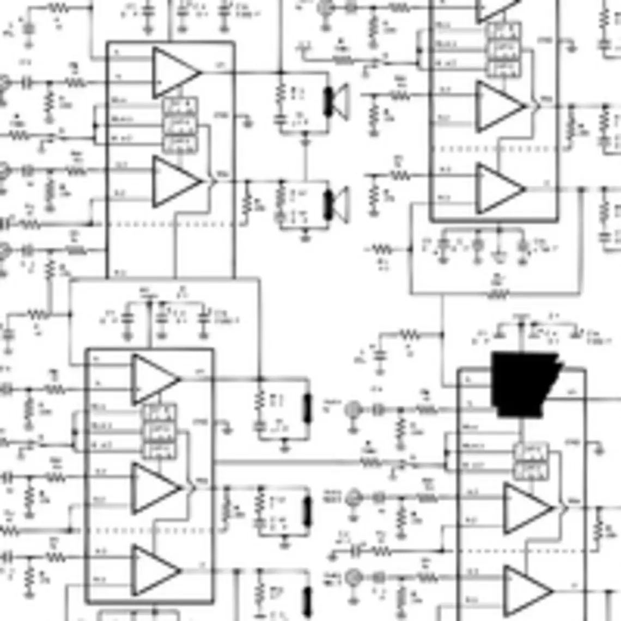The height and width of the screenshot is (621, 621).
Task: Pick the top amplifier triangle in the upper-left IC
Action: pos(173,73)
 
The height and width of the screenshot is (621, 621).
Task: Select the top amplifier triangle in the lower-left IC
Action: pos(153,379)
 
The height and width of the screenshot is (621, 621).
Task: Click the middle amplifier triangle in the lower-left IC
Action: pos(154,488)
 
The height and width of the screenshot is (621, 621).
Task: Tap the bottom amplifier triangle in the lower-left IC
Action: pos(154,570)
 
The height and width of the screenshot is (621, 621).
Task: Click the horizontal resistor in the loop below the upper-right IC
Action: pos(497,295)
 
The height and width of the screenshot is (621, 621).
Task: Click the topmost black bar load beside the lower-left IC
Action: pos(308,408)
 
